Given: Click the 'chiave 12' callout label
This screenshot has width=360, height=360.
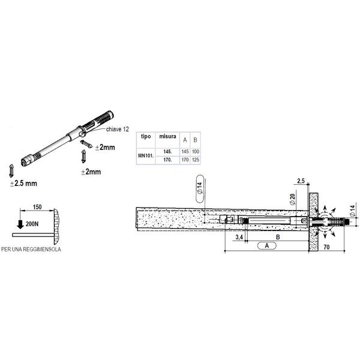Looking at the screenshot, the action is (118, 129).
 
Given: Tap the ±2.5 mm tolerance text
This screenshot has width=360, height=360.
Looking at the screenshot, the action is (23, 184).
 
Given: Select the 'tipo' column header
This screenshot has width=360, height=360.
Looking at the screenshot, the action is (146, 136).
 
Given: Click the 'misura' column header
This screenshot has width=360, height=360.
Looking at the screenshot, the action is (167, 136).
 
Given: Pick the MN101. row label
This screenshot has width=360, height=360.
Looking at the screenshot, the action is (146, 155).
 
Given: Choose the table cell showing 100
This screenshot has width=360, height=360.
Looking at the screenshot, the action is (196, 152).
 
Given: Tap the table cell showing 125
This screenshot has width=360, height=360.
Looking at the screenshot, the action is (196, 160).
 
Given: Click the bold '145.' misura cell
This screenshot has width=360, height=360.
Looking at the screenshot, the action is (167, 152).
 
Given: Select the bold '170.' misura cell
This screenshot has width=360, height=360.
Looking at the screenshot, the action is (167, 160).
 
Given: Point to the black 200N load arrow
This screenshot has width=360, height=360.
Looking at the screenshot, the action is (20, 224).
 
